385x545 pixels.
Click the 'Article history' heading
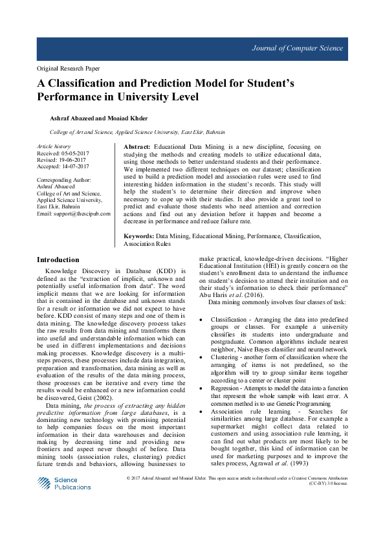(x=53, y=147)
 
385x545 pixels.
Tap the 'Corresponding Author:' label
(x=64, y=179)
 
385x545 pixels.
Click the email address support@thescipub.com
(x=80, y=214)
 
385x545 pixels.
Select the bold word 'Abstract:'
(x=137, y=148)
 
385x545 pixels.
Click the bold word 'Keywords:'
(x=138, y=238)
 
